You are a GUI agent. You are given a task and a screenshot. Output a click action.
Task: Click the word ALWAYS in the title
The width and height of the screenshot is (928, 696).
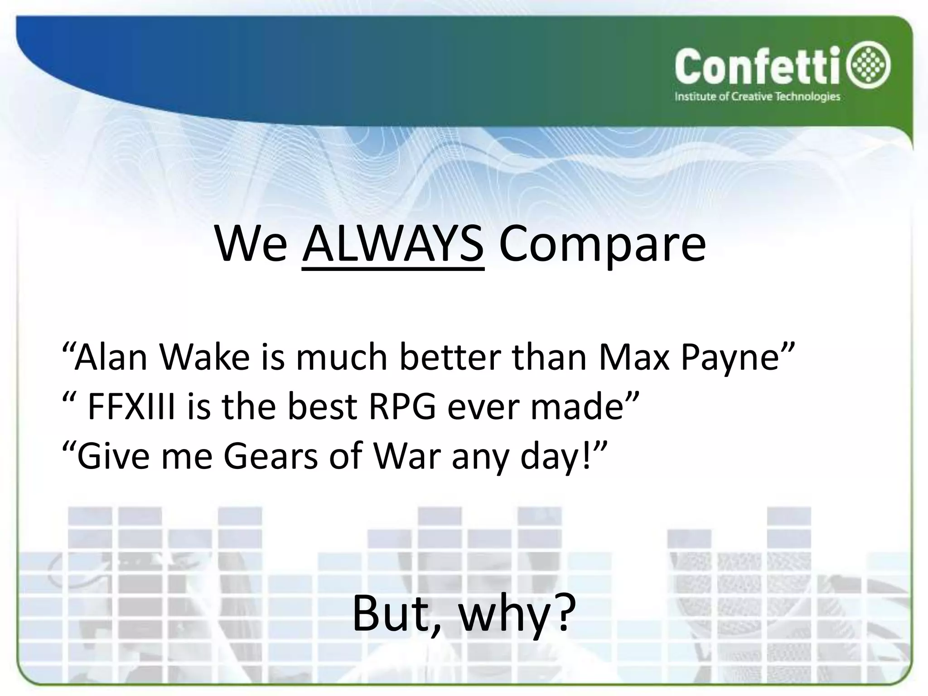point(393,245)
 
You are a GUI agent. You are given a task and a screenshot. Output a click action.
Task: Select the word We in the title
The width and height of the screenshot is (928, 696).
point(251,245)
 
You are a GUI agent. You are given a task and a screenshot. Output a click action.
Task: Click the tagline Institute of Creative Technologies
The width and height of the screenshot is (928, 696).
point(758,97)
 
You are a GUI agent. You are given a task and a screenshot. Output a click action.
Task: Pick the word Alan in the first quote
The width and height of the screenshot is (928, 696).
point(111,357)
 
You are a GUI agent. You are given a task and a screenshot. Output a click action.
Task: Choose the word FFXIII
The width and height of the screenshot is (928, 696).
point(131,406)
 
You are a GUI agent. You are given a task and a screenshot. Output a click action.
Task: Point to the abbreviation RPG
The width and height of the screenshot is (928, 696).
point(402,406)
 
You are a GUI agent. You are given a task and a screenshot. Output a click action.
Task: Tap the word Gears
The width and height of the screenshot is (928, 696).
point(271,457)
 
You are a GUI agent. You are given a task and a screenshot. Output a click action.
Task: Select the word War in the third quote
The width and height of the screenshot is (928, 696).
point(406,457)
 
